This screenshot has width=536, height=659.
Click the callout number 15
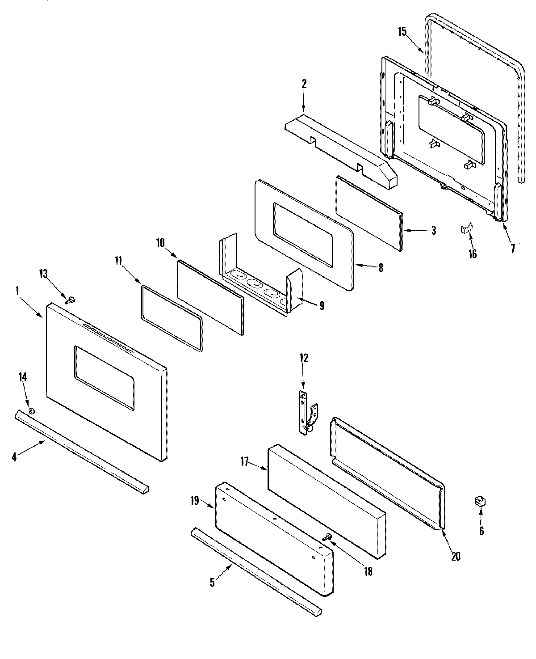pyautogui.click(x=402, y=31)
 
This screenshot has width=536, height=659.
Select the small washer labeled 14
pyautogui.click(x=31, y=411)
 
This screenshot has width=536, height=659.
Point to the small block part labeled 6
pyautogui.click(x=480, y=501)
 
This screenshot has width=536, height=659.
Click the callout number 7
pyautogui.click(x=512, y=249)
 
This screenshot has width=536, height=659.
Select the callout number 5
pyautogui.click(x=212, y=583)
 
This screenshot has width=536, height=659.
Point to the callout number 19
pyautogui.click(x=194, y=501)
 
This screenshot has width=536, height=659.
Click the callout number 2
pyautogui.click(x=304, y=83)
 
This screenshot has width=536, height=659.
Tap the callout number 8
pyautogui.click(x=380, y=268)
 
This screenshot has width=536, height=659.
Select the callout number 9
pyautogui.click(x=321, y=306)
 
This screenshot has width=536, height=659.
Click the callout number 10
pyautogui.click(x=160, y=243)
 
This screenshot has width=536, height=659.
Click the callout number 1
pyautogui.click(x=17, y=291)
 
